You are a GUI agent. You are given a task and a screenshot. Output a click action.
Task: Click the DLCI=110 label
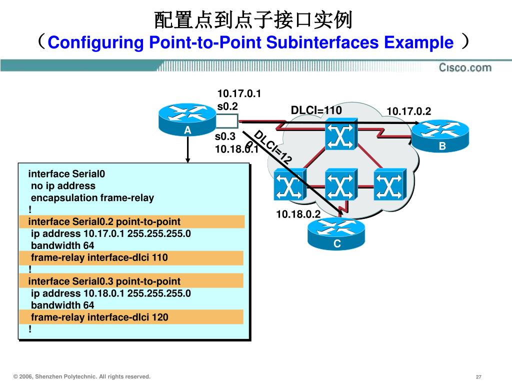(x=316, y=110)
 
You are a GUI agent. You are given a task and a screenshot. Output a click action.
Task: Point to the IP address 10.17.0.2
(x=408, y=111)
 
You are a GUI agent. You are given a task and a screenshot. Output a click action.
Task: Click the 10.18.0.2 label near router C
(x=298, y=214)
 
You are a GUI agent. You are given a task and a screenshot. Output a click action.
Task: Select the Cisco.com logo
(x=465, y=67)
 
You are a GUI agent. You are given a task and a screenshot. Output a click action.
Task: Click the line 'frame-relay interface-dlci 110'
(x=99, y=258)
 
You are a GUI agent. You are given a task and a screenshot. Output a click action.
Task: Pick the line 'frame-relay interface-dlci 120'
(x=99, y=317)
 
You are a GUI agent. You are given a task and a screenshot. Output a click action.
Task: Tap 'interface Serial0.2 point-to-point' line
(x=104, y=221)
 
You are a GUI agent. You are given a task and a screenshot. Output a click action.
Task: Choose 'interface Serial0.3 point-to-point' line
(x=104, y=281)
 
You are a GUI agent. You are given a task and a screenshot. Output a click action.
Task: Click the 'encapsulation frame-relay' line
(x=92, y=197)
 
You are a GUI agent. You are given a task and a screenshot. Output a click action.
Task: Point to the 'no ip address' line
(x=63, y=185)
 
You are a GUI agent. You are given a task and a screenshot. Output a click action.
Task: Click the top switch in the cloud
(x=340, y=135)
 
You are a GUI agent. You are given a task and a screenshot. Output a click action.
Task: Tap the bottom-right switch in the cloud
(x=389, y=186)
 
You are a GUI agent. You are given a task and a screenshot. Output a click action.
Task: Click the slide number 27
(x=478, y=376)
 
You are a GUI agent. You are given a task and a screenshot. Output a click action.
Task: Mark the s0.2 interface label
(x=227, y=106)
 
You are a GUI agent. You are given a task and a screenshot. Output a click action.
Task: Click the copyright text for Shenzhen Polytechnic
(x=82, y=376)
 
